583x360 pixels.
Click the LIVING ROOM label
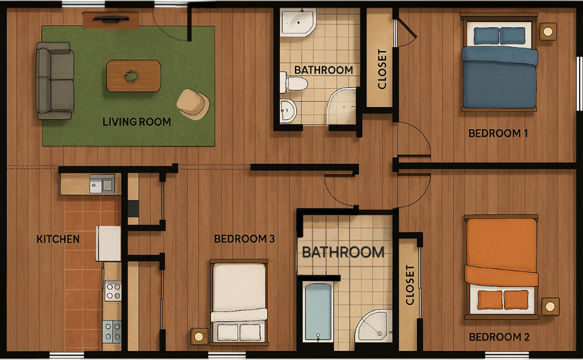click(x=137, y=122)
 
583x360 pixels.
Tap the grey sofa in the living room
click(x=55, y=80)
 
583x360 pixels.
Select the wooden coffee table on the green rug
click(x=133, y=76)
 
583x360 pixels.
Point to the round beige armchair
click(x=192, y=104)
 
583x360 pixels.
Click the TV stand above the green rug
click(x=110, y=20)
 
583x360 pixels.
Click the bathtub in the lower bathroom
click(x=318, y=312)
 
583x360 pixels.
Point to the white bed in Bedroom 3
click(x=239, y=302)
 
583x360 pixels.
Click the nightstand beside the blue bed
click(x=548, y=31)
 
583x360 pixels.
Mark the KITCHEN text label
click(x=58, y=239)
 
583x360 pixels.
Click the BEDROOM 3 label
click(x=244, y=239)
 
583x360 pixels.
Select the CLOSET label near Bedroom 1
click(x=382, y=69)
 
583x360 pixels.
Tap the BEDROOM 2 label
click(x=499, y=337)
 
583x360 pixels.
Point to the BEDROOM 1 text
click(x=498, y=134)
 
